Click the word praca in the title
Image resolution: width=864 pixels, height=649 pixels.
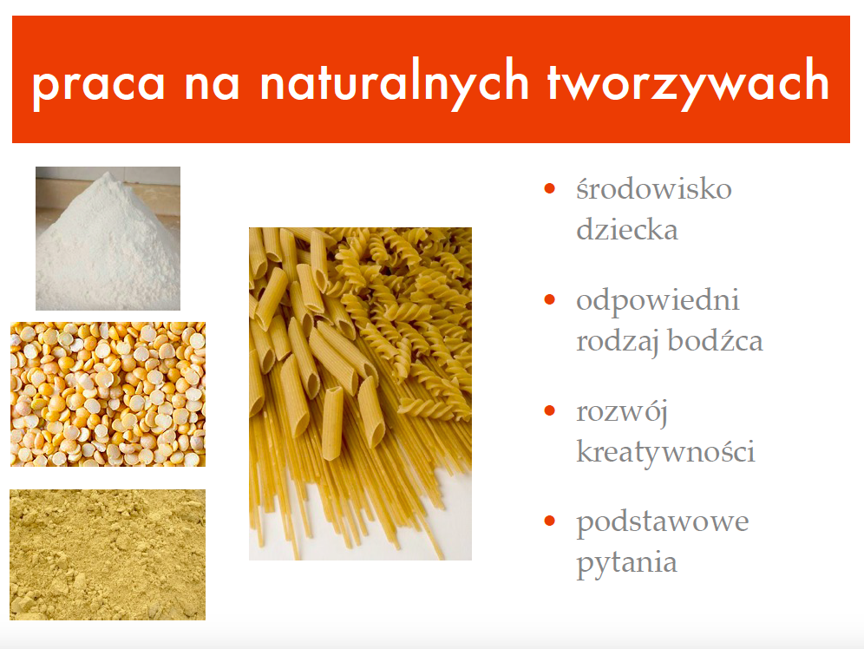(99, 85)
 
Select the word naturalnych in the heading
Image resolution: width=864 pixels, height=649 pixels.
(395, 82)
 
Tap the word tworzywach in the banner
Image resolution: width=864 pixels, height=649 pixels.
(688, 82)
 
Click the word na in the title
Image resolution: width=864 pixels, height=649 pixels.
(213, 85)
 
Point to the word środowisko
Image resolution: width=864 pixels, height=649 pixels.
(654, 189)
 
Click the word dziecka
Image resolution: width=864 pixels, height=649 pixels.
(627, 229)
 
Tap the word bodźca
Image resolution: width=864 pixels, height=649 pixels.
(715, 340)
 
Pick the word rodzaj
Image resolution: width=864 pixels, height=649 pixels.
(617, 343)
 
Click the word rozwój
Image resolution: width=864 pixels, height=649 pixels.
(622, 413)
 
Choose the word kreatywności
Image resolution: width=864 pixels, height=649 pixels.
(665, 451)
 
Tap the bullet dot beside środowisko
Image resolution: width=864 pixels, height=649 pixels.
(549, 188)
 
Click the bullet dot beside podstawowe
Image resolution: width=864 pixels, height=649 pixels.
(549, 521)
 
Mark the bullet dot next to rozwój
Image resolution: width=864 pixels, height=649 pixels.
(549, 410)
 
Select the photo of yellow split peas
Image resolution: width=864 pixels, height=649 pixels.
(108, 395)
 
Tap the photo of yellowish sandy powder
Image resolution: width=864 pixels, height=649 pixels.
(108, 554)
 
